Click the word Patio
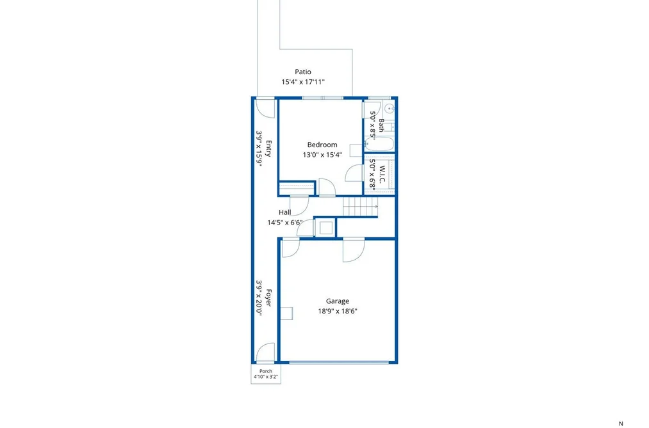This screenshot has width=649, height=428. (x=303, y=72)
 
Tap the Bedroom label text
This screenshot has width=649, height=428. (x=322, y=145)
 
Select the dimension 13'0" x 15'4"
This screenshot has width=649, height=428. (x=322, y=155)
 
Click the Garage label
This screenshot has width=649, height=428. (x=338, y=301)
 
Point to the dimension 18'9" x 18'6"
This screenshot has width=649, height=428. (x=338, y=311)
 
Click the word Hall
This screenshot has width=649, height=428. (x=284, y=212)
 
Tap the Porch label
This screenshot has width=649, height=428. (x=266, y=371)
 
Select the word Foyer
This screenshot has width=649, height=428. (x=268, y=297)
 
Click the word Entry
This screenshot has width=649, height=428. (x=268, y=148)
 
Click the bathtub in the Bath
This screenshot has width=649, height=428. (x=379, y=144)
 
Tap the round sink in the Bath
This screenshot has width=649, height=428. (x=389, y=109)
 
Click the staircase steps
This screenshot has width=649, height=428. (x=360, y=207)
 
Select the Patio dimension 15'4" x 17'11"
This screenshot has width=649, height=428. (x=303, y=82)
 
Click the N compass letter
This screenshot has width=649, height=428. (x=621, y=424)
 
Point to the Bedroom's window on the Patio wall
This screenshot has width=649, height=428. (x=322, y=98)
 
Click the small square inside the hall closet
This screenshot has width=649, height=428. (x=326, y=228)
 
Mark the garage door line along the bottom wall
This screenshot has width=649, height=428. (x=338, y=363)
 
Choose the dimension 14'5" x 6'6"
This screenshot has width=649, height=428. (x=284, y=223)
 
